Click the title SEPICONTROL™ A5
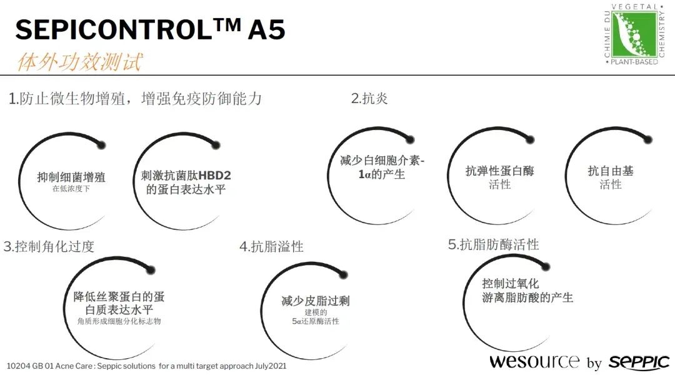click(x=150, y=29)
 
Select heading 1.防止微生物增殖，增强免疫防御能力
click(x=135, y=99)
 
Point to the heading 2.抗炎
click(x=369, y=99)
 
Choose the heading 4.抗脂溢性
click(x=271, y=247)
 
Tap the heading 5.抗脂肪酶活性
click(x=493, y=244)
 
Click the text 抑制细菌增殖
click(x=71, y=177)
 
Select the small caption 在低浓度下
click(x=71, y=188)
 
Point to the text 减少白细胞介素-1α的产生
click(x=382, y=167)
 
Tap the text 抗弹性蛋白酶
click(x=500, y=171)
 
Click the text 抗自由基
click(x=611, y=171)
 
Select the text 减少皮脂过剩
click(x=316, y=301)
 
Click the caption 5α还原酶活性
click(x=316, y=321)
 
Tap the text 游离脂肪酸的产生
click(x=527, y=298)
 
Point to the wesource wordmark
click(x=534, y=361)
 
